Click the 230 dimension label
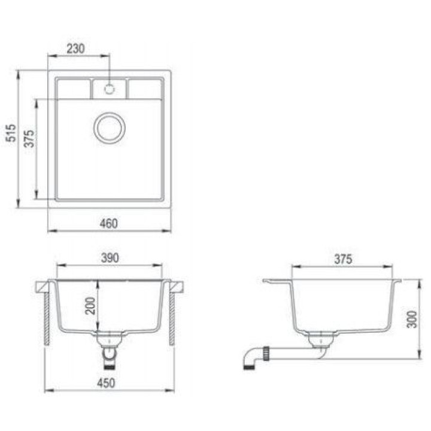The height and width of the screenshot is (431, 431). pos(75,48)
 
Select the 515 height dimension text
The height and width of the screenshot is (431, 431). pos(11,133)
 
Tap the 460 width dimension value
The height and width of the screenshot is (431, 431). pos(108,223)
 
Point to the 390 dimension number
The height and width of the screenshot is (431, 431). pos(110,258)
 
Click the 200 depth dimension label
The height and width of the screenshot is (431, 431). pos(90,306)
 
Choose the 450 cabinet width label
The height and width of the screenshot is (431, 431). pos(106,383)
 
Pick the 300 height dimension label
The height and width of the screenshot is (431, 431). pos(412,319)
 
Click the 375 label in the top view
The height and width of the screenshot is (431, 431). pos(29,138)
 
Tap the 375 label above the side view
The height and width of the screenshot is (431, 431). pos(343,259)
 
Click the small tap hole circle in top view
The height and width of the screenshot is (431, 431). pos(109,89)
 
